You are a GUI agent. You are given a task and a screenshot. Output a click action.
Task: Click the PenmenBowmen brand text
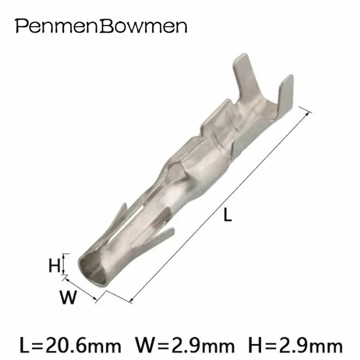pos(101,26)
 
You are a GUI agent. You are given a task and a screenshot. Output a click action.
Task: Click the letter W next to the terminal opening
pos(68,297)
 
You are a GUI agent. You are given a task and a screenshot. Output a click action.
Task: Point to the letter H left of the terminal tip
pos(54,265)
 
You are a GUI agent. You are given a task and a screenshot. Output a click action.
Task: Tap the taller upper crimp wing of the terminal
pos(244,76)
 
